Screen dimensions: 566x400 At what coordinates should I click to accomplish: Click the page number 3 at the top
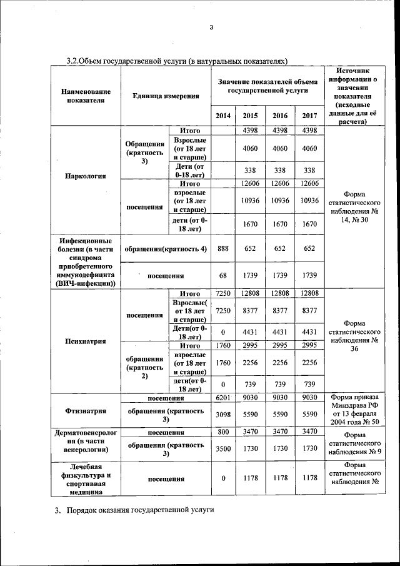[x=211, y=27]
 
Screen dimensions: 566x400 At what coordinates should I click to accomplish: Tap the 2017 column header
[x=309, y=116]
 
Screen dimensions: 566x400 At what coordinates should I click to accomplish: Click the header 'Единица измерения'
[x=166, y=96]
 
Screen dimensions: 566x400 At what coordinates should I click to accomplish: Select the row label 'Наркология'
[x=85, y=176]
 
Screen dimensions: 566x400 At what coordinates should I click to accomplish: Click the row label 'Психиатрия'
[x=85, y=341]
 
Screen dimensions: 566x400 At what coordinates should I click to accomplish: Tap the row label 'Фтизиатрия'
[x=85, y=411]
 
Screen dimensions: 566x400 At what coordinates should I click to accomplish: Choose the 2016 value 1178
[x=280, y=478]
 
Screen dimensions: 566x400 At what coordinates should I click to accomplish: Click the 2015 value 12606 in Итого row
[x=250, y=183]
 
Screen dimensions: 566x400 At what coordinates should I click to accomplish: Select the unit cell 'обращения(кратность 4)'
[x=166, y=248]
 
